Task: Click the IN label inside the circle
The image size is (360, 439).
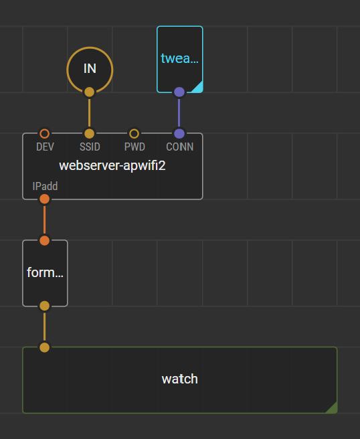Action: [90, 68]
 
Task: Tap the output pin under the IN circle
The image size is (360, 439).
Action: [89, 92]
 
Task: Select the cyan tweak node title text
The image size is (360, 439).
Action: [180, 58]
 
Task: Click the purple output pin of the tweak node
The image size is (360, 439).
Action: [179, 92]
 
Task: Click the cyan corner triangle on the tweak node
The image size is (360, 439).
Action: [198, 88]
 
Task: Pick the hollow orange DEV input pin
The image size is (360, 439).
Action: [45, 134]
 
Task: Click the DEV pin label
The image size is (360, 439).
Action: [45, 147]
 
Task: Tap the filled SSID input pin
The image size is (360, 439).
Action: [89, 134]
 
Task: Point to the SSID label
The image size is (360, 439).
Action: [90, 147]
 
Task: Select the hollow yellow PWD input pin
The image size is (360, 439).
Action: [134, 134]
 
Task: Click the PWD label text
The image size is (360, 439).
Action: [134, 147]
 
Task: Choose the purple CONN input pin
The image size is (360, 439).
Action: [179, 134]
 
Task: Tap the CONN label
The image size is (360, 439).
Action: [180, 147]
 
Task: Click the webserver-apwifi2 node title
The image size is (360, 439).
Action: [112, 165]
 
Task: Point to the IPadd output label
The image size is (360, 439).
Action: [45, 186]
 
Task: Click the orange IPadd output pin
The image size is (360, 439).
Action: [45, 199]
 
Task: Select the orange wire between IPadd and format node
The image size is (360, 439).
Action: [45, 219]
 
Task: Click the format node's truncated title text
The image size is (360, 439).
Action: [45, 272]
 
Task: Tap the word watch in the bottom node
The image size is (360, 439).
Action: [180, 379]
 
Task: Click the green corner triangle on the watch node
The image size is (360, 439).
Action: [333, 408]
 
